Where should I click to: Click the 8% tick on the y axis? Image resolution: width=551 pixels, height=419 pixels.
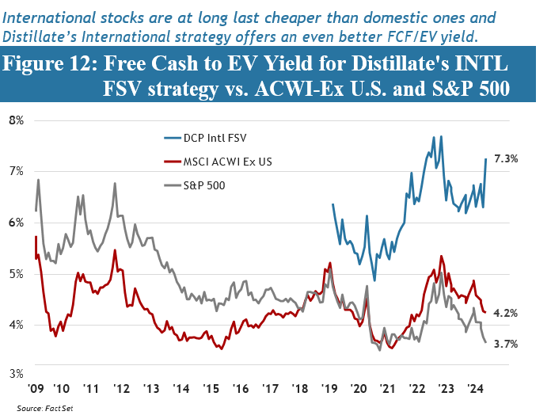(15, 120)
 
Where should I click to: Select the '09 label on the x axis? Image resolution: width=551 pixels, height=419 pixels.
(35, 390)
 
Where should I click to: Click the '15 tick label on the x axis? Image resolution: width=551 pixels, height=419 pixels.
(210, 390)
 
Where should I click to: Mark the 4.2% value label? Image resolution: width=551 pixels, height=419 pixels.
(505, 313)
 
